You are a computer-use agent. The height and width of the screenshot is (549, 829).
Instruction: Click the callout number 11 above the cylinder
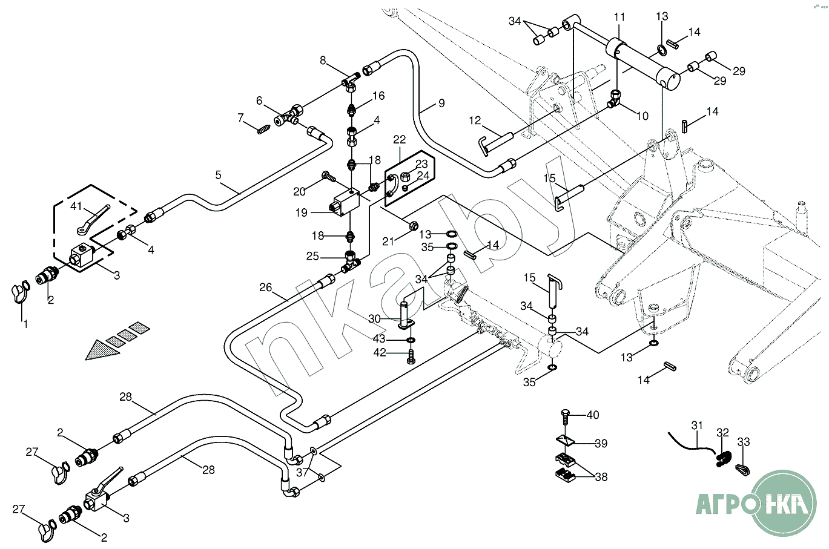[619, 16]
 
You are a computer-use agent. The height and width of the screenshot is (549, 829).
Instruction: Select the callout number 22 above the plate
[399, 140]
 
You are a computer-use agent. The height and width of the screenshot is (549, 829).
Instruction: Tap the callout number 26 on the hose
[266, 287]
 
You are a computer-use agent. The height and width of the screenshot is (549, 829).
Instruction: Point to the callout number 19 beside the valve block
[302, 212]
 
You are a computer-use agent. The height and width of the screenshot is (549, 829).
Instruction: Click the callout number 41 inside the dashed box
[76, 206]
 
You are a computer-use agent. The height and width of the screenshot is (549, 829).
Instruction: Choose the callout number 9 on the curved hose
[441, 103]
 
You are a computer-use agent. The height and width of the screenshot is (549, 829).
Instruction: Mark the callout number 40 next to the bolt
[593, 415]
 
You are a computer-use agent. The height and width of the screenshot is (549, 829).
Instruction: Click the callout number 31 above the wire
[697, 426]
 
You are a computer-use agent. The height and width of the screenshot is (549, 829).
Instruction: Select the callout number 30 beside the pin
[374, 318]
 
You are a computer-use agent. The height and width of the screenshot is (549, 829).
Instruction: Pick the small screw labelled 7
[263, 129]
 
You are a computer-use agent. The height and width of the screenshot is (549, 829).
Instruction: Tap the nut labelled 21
[413, 226]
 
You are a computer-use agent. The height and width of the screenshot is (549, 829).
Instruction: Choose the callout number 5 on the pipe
[218, 175]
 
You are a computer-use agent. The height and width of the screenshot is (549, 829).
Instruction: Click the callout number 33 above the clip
[743, 442]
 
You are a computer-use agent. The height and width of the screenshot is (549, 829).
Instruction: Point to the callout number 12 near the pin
[474, 120]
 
